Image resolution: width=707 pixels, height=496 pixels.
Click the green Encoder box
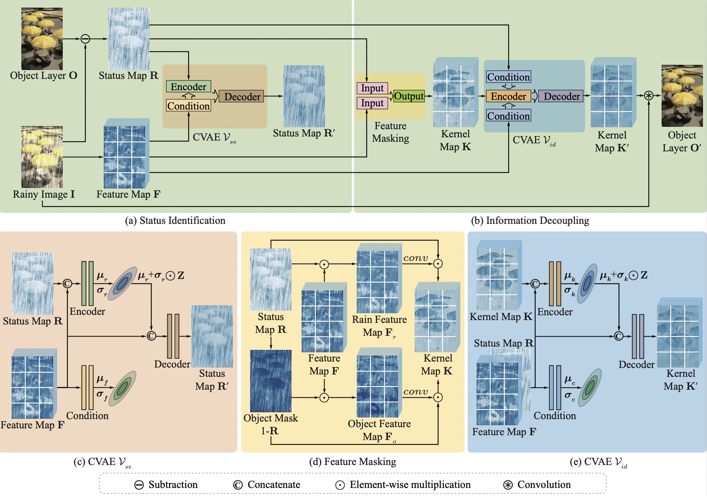tap(188, 87)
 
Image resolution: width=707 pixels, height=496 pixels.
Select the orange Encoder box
tap(508, 96)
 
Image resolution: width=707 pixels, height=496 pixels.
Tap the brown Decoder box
tap(242, 97)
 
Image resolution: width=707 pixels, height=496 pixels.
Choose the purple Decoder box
tap(561, 96)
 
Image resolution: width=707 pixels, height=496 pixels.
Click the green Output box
tap(409, 96)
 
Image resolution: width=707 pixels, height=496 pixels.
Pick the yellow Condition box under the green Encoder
tap(188, 106)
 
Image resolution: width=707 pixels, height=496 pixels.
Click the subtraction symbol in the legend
tap(139, 485)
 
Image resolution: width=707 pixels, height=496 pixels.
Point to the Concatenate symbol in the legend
tap(238, 485)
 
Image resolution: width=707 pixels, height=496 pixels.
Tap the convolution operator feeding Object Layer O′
tap(649, 95)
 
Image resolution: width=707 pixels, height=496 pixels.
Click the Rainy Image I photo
tap(42, 157)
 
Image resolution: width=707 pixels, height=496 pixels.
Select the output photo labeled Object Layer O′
tap(682, 96)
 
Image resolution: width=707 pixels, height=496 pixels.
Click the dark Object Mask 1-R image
tap(271, 381)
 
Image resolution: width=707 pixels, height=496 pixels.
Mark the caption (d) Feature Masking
tap(352, 462)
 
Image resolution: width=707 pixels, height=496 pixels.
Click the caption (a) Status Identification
tap(175, 221)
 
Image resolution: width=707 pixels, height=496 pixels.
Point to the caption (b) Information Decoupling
tap(530, 221)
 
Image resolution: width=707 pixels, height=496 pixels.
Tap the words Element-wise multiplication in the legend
tap(410, 485)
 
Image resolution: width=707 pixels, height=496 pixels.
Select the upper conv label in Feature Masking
tap(415, 258)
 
